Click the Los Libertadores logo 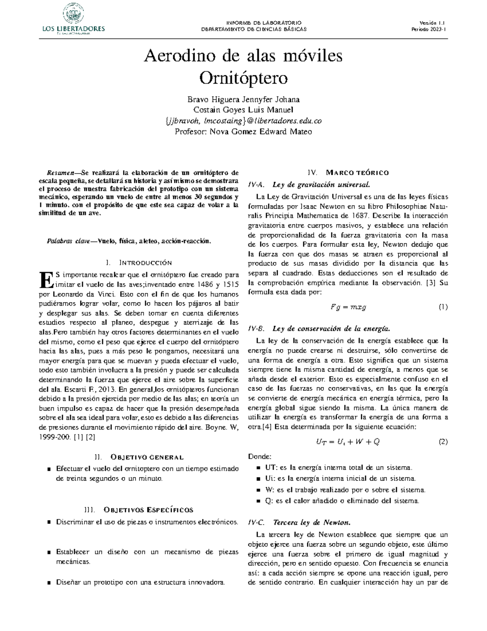(x=73, y=19)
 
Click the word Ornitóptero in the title (x=243, y=77)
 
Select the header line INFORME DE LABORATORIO (x=254, y=23)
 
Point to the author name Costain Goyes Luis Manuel (x=243, y=110)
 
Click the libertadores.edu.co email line (x=243, y=121)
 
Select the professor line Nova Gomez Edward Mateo (x=243, y=132)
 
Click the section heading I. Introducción (x=138, y=262)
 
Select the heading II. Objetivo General (x=139, y=457)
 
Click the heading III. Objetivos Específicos (x=138, y=510)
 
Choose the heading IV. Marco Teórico (x=348, y=172)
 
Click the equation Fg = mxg (x=348, y=307)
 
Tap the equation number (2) (x=443, y=442)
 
